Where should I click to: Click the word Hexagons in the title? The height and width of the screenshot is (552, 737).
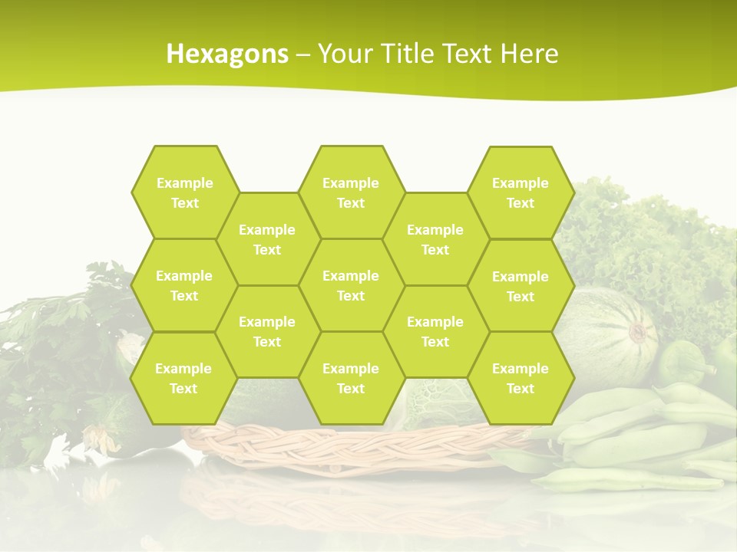coord(227,54)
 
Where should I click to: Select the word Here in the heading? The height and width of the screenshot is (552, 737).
coord(529,54)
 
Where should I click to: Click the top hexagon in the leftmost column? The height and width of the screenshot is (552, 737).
coord(184,192)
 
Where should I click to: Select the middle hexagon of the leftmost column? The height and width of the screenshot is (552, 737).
coord(184,285)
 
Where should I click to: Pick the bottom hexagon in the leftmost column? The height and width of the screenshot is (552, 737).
coord(183,378)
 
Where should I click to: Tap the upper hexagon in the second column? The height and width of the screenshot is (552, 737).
coord(267,239)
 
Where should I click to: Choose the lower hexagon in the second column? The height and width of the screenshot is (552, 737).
coord(267,331)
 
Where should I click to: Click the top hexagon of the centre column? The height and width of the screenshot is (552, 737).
coord(351,192)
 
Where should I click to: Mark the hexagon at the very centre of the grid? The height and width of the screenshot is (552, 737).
coord(351,285)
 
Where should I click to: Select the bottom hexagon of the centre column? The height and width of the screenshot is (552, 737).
coord(351,378)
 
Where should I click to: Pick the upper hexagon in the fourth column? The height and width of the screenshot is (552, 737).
coord(435,239)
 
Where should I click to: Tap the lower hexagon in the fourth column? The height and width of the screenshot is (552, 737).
coord(435,331)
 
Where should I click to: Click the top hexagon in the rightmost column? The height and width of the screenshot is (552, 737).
coord(521,192)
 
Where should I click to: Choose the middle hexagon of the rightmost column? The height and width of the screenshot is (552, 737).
coord(521,286)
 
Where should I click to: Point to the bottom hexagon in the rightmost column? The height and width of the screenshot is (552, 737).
coord(521,378)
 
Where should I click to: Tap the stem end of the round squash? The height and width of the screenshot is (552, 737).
coord(639,333)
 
